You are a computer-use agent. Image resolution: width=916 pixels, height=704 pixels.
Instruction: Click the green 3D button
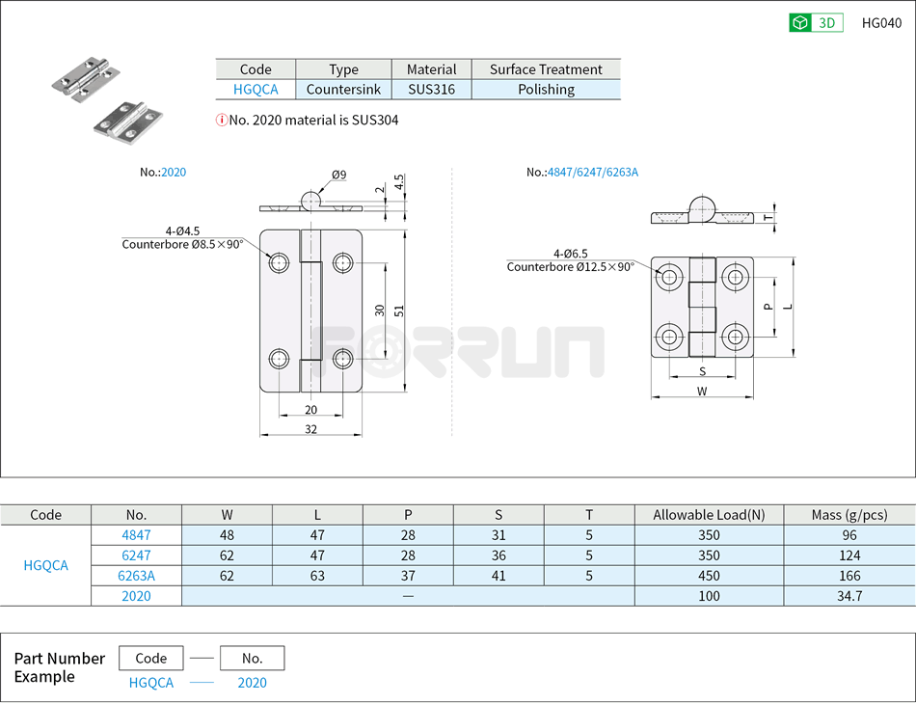[816, 23]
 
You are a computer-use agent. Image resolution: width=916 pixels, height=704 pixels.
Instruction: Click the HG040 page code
[881, 23]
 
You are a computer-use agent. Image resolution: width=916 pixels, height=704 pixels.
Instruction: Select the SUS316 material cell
[431, 90]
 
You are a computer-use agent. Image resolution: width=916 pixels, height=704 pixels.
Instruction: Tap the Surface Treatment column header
[546, 69]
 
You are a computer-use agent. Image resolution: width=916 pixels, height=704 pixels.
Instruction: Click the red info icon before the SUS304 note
[221, 121]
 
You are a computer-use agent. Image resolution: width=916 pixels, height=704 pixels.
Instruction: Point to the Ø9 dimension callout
[338, 175]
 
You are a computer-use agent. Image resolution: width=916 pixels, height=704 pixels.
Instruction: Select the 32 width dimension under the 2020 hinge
[310, 429]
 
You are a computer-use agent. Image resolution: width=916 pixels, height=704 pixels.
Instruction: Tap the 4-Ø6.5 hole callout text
[570, 253]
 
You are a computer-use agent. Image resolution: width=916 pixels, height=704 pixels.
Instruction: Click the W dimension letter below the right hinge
[701, 391]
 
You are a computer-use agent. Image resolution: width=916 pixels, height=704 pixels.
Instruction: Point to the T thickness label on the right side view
[768, 218]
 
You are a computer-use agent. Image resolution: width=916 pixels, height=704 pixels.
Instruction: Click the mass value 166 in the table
[849, 576]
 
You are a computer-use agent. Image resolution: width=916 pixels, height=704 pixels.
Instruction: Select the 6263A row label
[136, 576]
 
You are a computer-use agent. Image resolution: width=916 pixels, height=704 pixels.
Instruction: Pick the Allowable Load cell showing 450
[709, 576]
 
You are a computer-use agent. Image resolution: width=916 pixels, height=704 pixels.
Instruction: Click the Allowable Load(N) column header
[709, 515]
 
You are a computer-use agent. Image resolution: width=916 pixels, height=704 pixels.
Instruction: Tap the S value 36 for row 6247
[498, 555]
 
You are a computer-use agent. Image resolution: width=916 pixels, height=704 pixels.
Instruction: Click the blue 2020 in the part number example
[252, 683]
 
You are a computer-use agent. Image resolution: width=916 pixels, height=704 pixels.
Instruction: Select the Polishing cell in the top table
[546, 90]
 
